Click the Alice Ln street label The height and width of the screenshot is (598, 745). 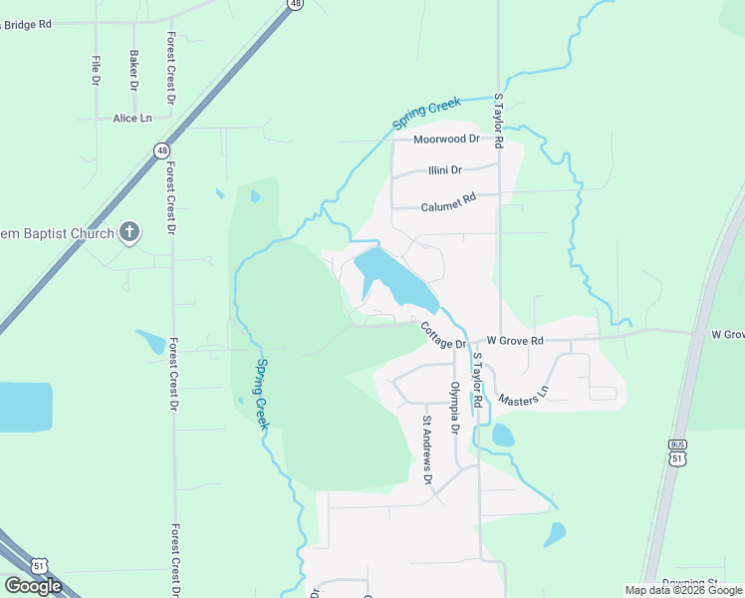point(131,118)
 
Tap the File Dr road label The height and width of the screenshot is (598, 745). point(96,69)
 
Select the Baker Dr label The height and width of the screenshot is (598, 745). point(133,67)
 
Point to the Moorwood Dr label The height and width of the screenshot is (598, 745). point(446,140)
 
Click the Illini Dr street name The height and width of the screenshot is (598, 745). point(444,170)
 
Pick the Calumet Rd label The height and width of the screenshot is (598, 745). point(448,197)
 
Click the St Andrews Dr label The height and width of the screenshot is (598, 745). point(427,449)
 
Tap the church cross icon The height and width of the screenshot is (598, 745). point(128,233)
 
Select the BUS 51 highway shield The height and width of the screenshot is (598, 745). point(677,451)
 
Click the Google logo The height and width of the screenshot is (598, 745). point(33,585)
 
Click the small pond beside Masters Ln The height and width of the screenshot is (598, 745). point(503,435)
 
